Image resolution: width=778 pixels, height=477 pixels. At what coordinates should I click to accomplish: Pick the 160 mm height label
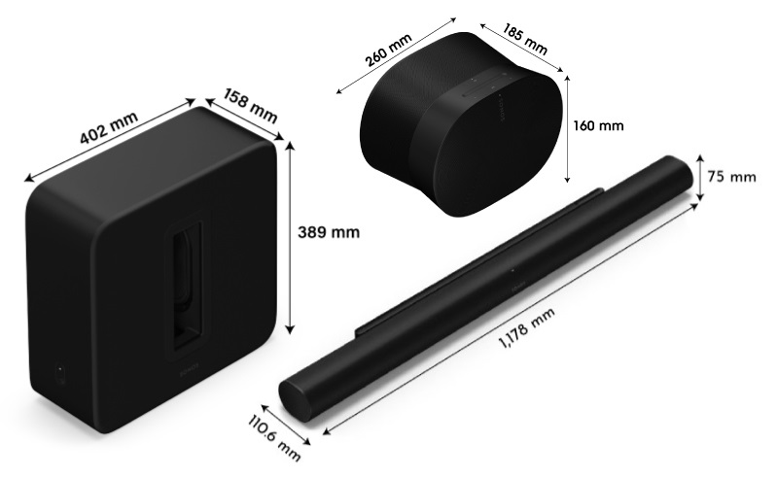click(598, 126)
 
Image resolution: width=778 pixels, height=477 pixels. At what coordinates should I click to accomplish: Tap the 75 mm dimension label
click(729, 176)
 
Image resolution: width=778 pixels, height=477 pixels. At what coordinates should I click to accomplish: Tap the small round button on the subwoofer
click(57, 373)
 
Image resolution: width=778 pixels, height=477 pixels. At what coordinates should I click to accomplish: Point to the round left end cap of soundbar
click(296, 394)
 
